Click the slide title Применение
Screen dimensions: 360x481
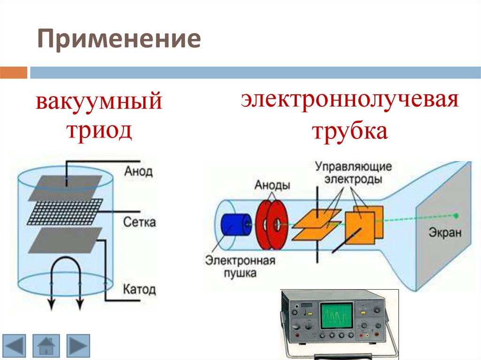(x=119, y=40)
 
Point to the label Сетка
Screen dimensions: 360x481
(x=140, y=222)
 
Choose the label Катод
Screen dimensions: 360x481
(x=140, y=289)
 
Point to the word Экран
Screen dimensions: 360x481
(x=445, y=233)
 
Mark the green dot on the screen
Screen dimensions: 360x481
(x=455, y=216)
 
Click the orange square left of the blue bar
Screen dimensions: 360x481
(x=14, y=73)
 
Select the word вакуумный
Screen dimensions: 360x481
(x=99, y=102)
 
